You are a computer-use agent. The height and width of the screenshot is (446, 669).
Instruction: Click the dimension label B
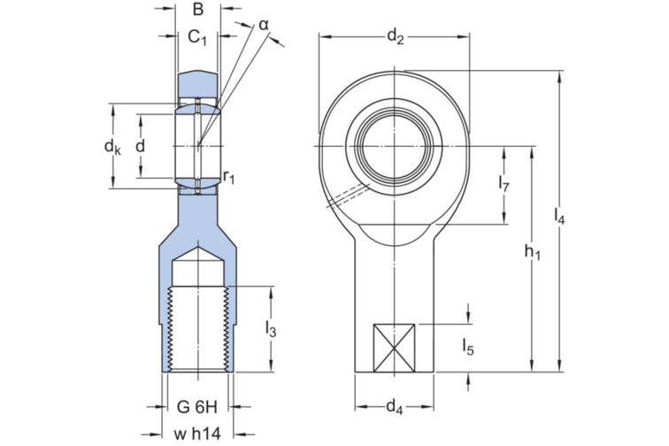[x=198, y=10]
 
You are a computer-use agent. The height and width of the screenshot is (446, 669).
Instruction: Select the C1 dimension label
[x=197, y=38]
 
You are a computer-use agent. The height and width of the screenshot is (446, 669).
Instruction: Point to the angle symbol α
[x=264, y=25]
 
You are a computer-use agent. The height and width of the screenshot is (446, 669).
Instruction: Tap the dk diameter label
[x=112, y=146]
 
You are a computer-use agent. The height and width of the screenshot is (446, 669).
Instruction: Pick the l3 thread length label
[x=271, y=329]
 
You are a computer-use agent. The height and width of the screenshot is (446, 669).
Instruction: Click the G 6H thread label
[x=197, y=407]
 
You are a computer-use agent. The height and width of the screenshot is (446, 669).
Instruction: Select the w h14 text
[x=197, y=434]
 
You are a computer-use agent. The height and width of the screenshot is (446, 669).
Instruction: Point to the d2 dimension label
[x=395, y=36]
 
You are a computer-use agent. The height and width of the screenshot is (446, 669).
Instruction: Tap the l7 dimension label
[x=504, y=184]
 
